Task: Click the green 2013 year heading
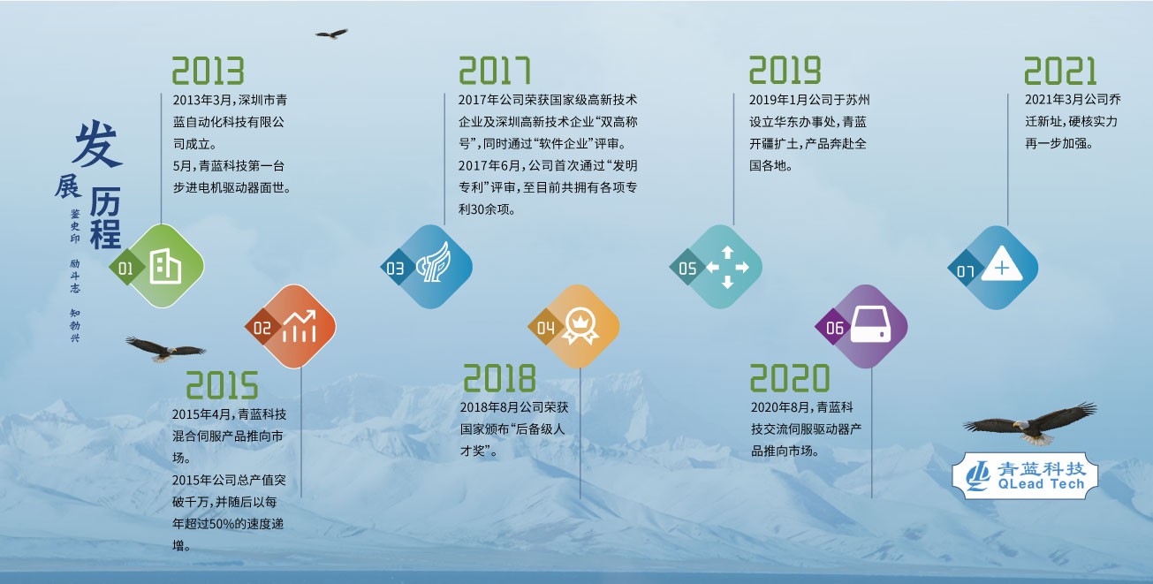[208, 71]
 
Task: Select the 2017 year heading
[494, 71]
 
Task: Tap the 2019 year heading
[785, 70]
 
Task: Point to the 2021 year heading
[1060, 71]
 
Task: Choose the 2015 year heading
[222, 385]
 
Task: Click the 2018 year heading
[499, 378]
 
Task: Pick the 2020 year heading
[790, 378]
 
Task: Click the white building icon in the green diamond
[165, 266]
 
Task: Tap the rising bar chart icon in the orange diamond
[299, 326]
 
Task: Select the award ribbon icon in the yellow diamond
[580, 326]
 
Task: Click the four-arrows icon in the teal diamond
[727, 267]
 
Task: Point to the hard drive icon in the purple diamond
[870, 324]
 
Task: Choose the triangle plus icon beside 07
[1002, 264]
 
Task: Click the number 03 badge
[395, 268]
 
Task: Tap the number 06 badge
[834, 328]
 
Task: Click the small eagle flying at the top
[332, 34]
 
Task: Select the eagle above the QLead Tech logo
[1030, 424]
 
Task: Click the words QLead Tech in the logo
[1041, 483]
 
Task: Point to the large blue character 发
[98, 143]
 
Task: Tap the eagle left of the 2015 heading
[165, 350]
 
